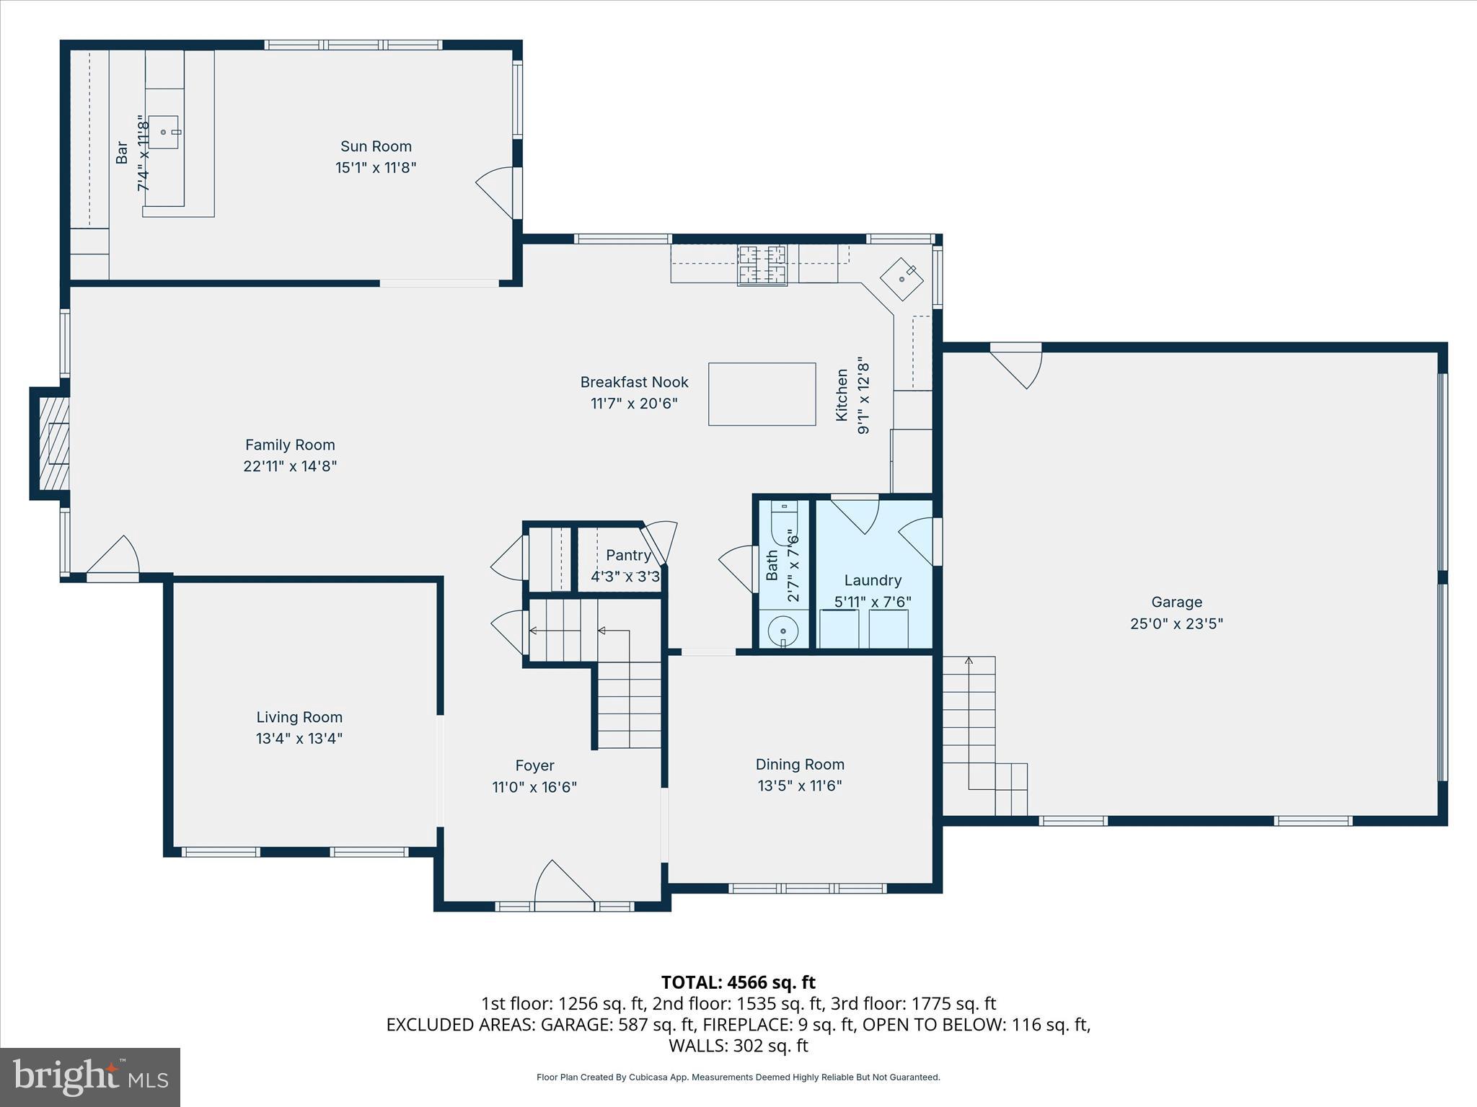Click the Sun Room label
(x=376, y=146)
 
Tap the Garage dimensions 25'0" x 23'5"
(x=1176, y=623)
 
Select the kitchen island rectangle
(x=762, y=394)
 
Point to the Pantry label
(x=628, y=555)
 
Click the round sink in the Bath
(x=782, y=631)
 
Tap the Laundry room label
(x=873, y=580)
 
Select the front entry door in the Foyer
(x=563, y=883)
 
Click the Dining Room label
(x=800, y=764)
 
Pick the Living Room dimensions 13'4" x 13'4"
(x=299, y=738)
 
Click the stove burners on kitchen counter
(x=762, y=264)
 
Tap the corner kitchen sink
(x=901, y=279)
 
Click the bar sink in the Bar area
(x=164, y=132)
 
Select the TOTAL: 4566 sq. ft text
(x=738, y=982)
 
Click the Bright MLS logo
(x=90, y=1077)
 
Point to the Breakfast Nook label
(x=634, y=382)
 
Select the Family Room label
(x=290, y=445)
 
